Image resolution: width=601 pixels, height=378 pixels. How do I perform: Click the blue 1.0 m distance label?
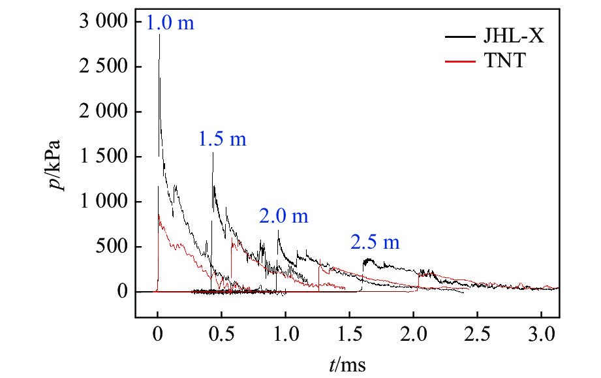tap(170, 24)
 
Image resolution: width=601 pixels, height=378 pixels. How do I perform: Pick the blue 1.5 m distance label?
tap(222, 139)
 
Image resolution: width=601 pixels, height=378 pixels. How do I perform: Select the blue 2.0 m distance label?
tap(283, 217)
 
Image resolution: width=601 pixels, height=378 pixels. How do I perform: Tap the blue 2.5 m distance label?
tap(375, 243)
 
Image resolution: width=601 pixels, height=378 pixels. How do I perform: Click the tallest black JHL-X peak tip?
tap(159, 34)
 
